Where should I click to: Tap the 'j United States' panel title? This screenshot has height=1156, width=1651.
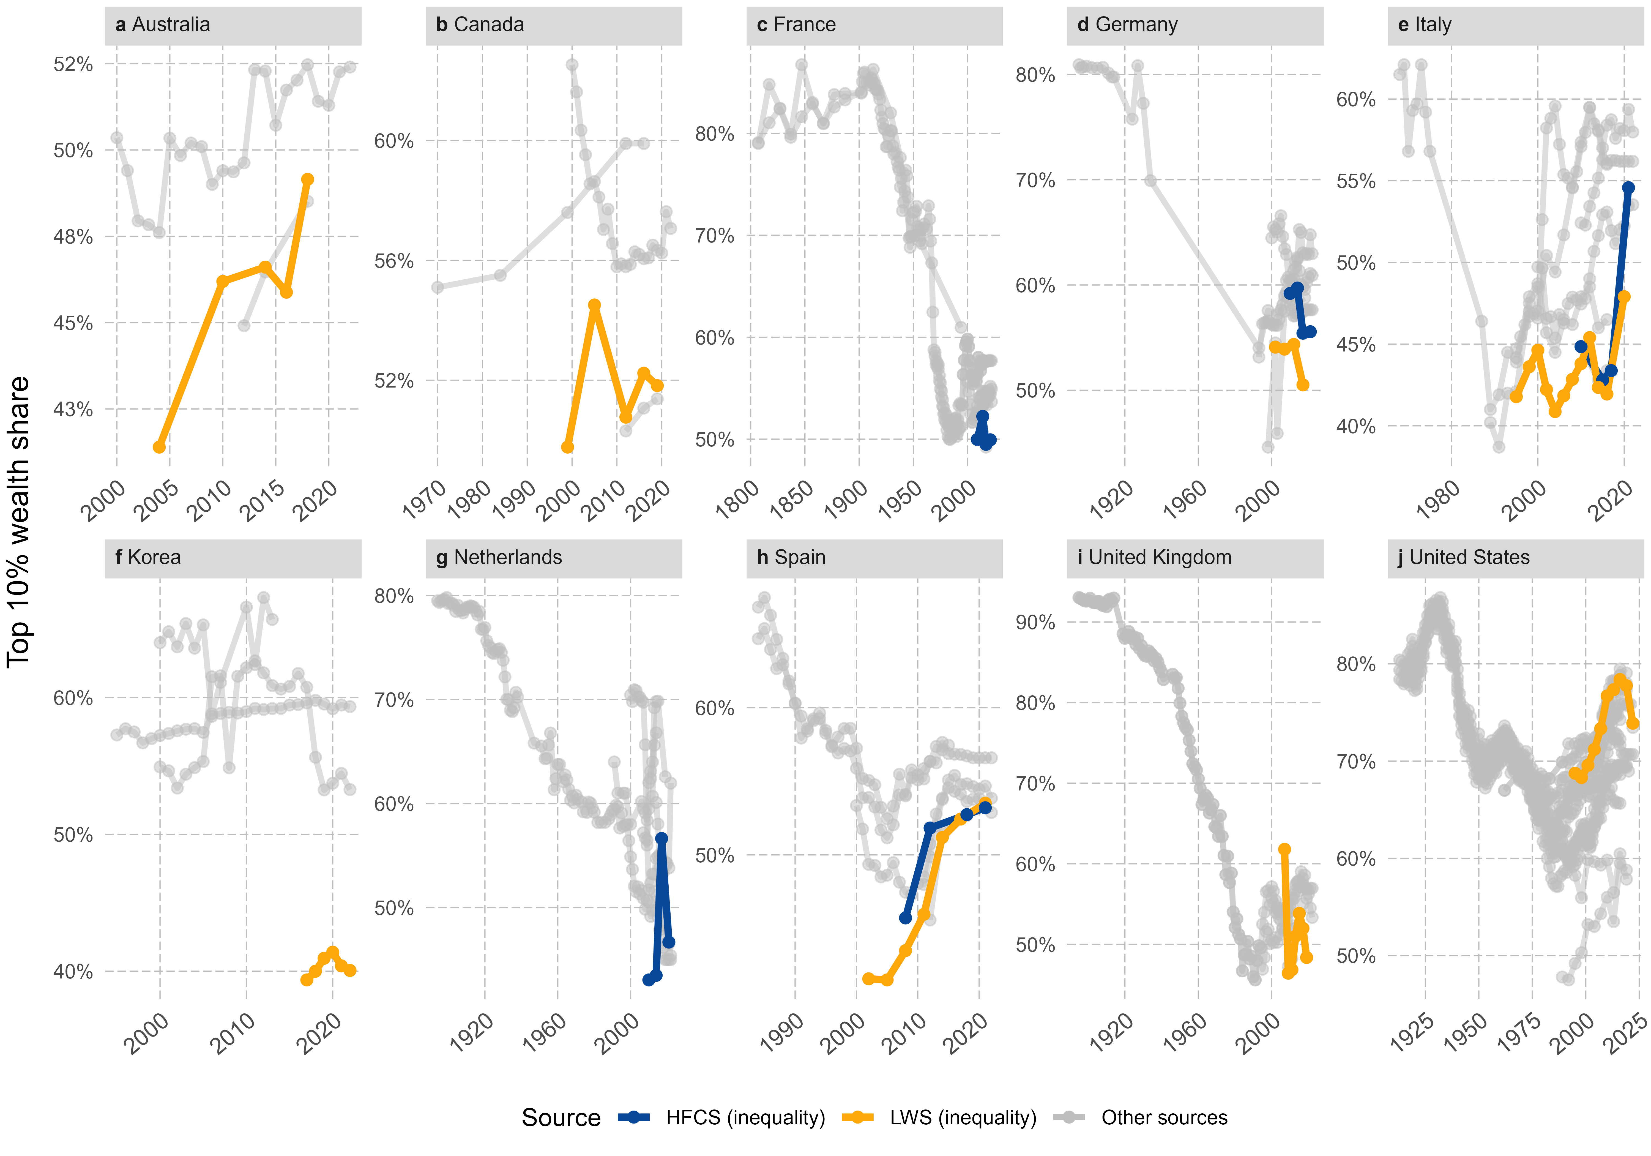[1463, 558]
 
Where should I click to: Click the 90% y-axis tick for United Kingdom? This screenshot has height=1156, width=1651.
[1035, 622]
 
